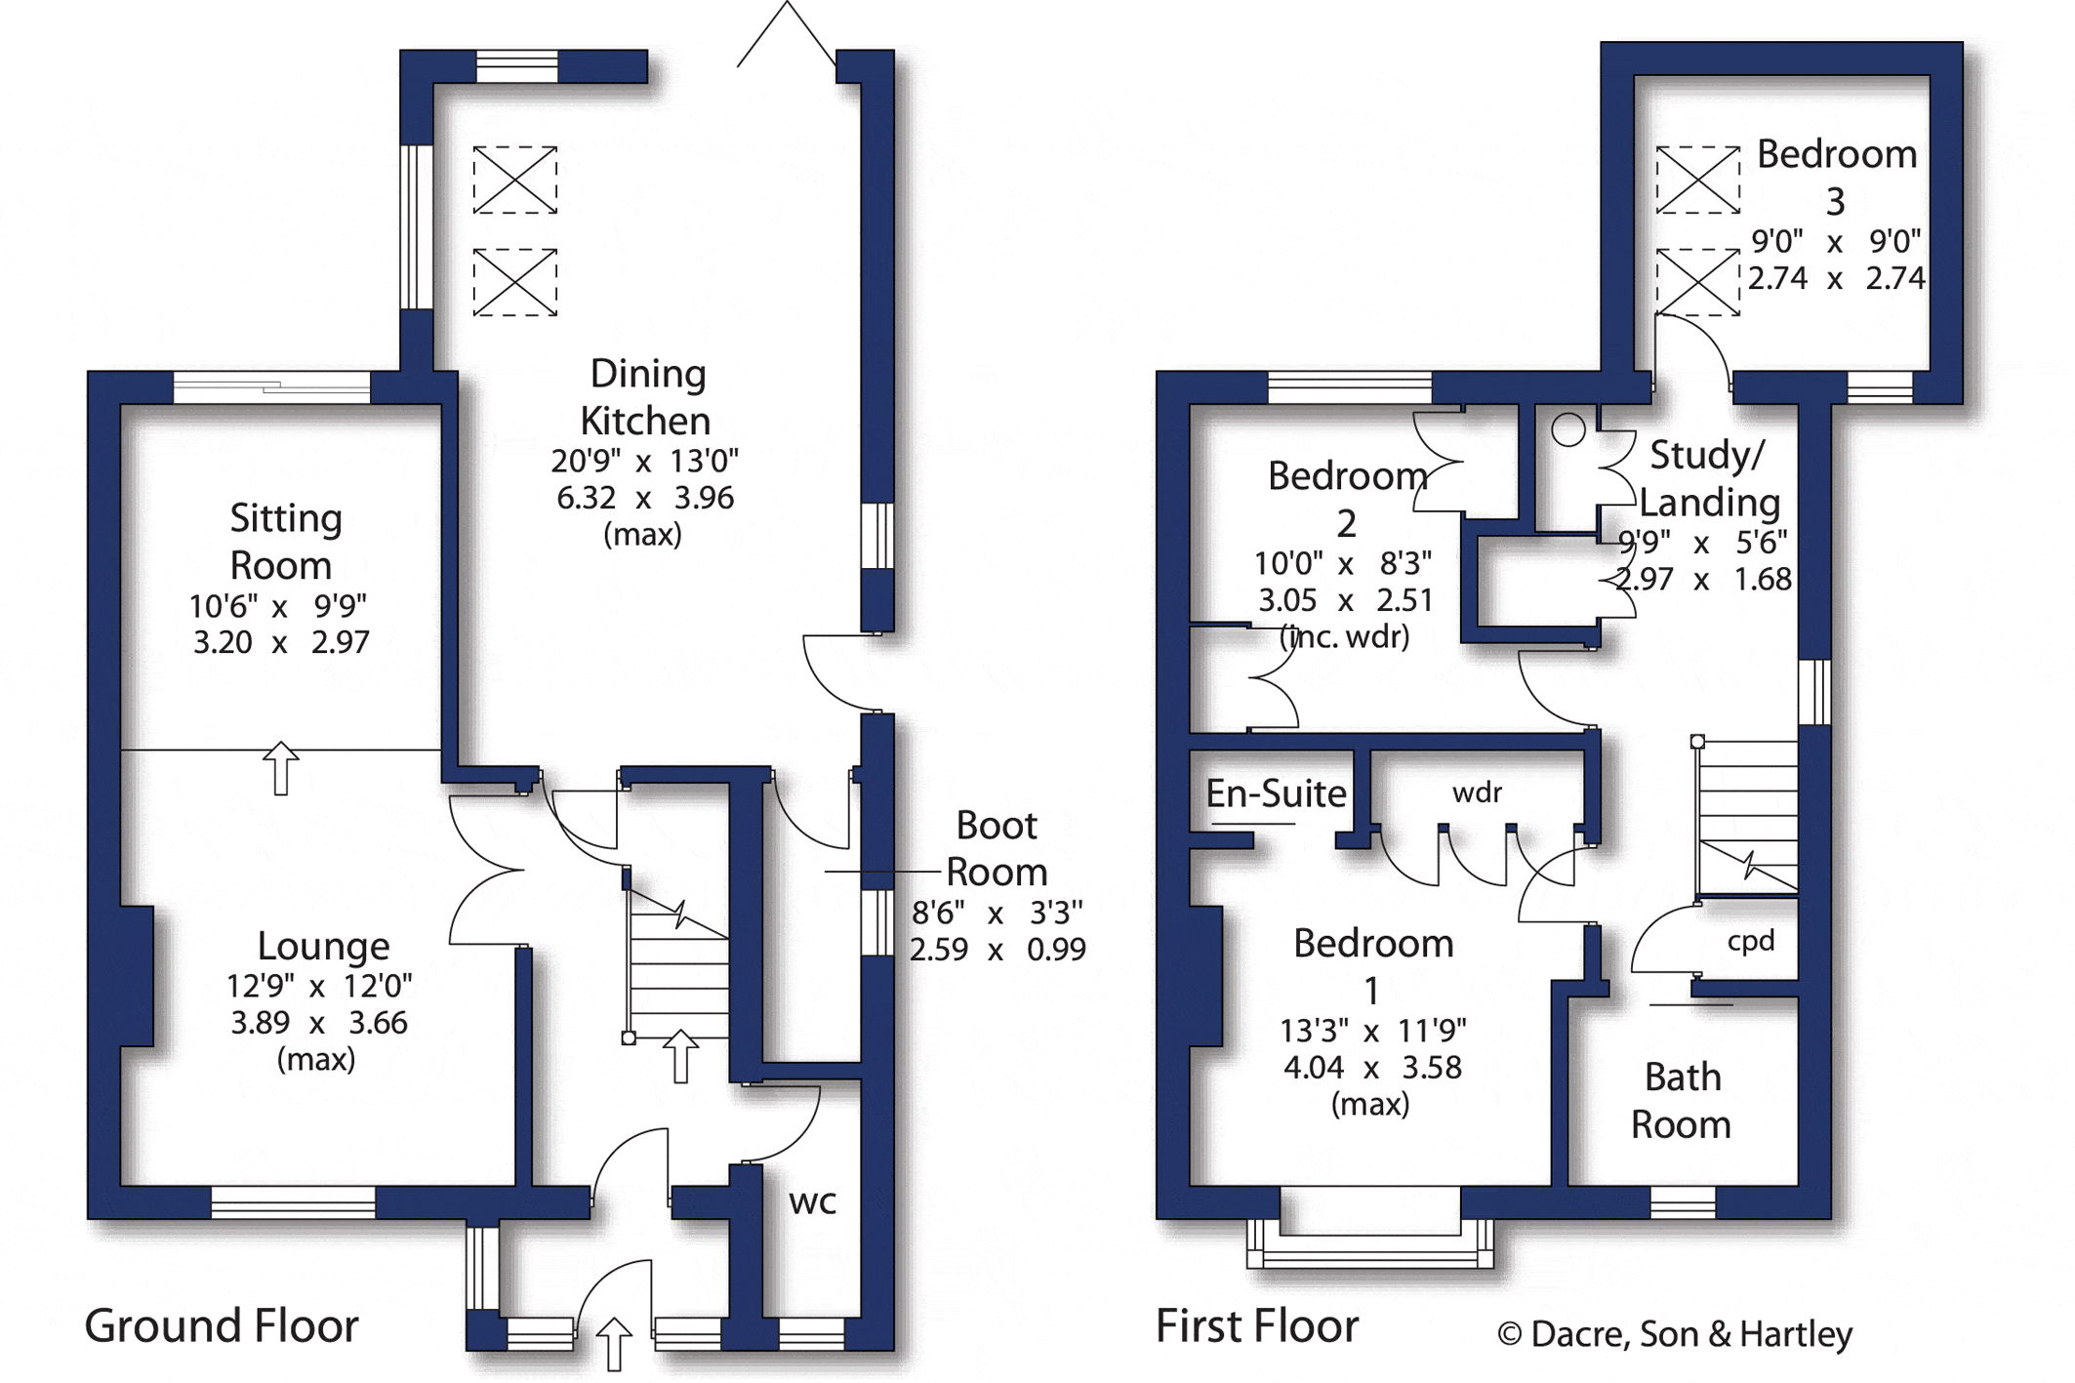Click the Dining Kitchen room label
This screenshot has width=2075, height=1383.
coord(645,397)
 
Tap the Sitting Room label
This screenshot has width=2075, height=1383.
coord(284,542)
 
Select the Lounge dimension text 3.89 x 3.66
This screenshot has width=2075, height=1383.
coord(319,1023)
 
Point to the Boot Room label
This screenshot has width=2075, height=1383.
coord(997,848)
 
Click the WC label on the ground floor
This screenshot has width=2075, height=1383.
coord(812,1203)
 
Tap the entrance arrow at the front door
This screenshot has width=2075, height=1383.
coord(614,1345)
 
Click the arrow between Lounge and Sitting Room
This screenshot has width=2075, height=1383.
coord(281,768)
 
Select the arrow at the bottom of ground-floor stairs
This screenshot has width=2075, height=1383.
coord(680,1056)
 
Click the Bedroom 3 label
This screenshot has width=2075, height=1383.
coord(1836,177)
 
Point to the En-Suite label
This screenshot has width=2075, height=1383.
coord(1276,793)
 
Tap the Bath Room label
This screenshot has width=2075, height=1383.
coord(1681,1101)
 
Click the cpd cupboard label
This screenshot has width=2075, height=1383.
coord(1750,942)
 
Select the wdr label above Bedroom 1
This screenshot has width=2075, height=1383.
coord(1477,793)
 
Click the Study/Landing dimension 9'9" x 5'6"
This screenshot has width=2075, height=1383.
coord(1702,542)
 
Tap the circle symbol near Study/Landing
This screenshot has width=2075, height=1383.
coord(1568,429)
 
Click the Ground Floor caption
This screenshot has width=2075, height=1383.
coord(222,1325)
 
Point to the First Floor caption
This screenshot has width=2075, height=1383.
coord(1257,1325)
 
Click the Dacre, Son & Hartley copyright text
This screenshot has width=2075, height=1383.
coord(1675,1334)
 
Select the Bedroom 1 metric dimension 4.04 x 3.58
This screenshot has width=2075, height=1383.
coord(1372,1068)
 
